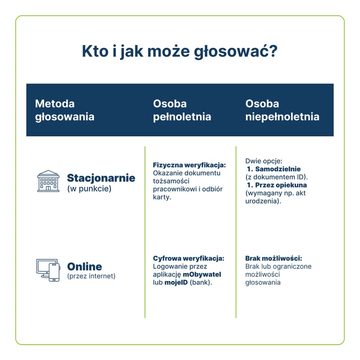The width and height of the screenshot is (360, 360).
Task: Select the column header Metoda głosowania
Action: coord(64,110)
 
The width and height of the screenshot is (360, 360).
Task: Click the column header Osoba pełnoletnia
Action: coord(182,110)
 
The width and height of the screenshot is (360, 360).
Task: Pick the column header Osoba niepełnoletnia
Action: coord(282,110)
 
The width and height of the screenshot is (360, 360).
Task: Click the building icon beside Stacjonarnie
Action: coord(48,181)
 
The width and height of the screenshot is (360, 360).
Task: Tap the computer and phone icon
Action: coord(48,270)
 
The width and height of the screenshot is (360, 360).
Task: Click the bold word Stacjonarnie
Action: coord(101,178)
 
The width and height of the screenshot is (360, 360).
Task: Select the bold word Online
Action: coord(84,267)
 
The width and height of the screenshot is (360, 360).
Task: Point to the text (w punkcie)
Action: coord(89,189)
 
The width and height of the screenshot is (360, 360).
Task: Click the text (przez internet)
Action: coord(91,276)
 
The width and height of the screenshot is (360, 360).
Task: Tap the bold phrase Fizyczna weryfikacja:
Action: coord(189,165)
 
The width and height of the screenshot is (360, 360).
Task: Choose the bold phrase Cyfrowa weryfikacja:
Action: coord(189,258)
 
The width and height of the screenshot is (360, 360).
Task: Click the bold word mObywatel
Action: coord(202,274)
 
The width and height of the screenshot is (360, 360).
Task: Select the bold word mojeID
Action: coord(176,283)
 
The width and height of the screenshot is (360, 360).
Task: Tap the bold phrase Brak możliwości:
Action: coord(273,258)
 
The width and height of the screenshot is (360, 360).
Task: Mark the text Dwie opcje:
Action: coord(264,161)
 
